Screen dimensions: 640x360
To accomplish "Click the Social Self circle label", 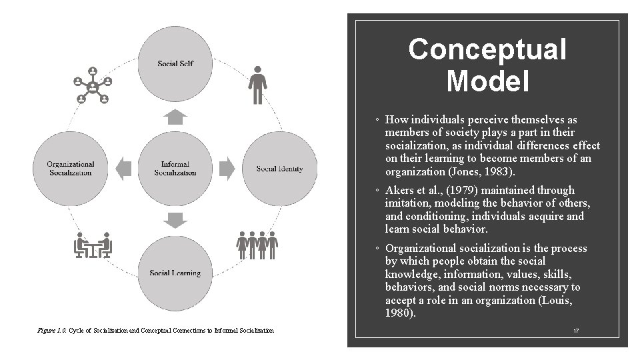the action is tap(175, 64).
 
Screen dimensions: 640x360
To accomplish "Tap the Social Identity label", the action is tap(279, 169).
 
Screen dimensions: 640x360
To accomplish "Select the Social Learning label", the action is tap(175, 273).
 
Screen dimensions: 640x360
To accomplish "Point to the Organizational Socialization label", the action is tap(71, 168).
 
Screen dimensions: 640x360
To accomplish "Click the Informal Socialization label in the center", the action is tap(175, 168).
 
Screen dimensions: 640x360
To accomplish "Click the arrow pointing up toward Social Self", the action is tap(175, 118).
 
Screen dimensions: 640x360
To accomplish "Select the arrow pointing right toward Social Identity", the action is tap(227, 168).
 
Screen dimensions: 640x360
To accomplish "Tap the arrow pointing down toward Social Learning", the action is tap(175, 219).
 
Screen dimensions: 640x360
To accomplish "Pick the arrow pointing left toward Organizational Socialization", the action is tap(124, 168).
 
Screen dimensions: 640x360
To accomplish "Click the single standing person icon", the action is tap(257, 85).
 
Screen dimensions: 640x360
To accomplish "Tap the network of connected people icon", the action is tap(93, 85).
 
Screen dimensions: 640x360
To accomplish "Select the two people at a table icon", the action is tap(93, 245).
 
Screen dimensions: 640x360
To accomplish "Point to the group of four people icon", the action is tap(257, 245).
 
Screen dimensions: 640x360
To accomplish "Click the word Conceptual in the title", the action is tap(487, 49).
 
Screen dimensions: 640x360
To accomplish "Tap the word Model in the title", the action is tap(487, 81).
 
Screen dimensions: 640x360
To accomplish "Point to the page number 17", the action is tap(575, 330).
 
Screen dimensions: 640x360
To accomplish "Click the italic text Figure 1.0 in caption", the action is tap(52, 331).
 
